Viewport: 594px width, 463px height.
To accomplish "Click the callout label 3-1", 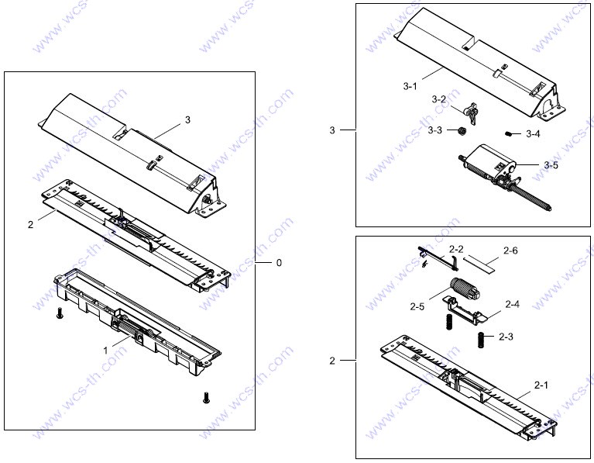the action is point(410,87).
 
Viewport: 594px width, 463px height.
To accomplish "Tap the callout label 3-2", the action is point(438,99).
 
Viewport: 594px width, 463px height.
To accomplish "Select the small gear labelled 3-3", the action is point(462,131).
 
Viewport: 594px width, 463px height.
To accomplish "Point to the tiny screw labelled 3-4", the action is point(509,133).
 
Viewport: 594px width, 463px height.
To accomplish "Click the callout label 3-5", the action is point(551,165).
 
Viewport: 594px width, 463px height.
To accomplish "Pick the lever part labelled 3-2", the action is point(472,112).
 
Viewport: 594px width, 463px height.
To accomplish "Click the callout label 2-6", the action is point(510,251).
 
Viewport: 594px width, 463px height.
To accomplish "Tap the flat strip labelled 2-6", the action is point(479,264).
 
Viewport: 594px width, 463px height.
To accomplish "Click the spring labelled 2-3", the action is point(481,340).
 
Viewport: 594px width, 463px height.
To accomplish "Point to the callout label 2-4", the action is point(512,304).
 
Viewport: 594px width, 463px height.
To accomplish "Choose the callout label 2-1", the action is point(541,385).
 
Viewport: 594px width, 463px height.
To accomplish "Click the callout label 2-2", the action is point(456,249).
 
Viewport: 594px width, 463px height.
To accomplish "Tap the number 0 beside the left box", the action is point(279,263).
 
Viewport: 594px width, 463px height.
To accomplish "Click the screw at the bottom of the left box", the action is point(206,397).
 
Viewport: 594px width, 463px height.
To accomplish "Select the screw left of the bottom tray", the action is point(59,313).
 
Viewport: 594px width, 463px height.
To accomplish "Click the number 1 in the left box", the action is point(105,351).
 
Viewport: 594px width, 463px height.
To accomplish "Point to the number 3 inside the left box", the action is point(187,120).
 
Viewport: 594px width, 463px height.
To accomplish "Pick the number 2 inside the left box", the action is point(30,225).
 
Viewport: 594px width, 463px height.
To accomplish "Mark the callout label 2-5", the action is point(417,306).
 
